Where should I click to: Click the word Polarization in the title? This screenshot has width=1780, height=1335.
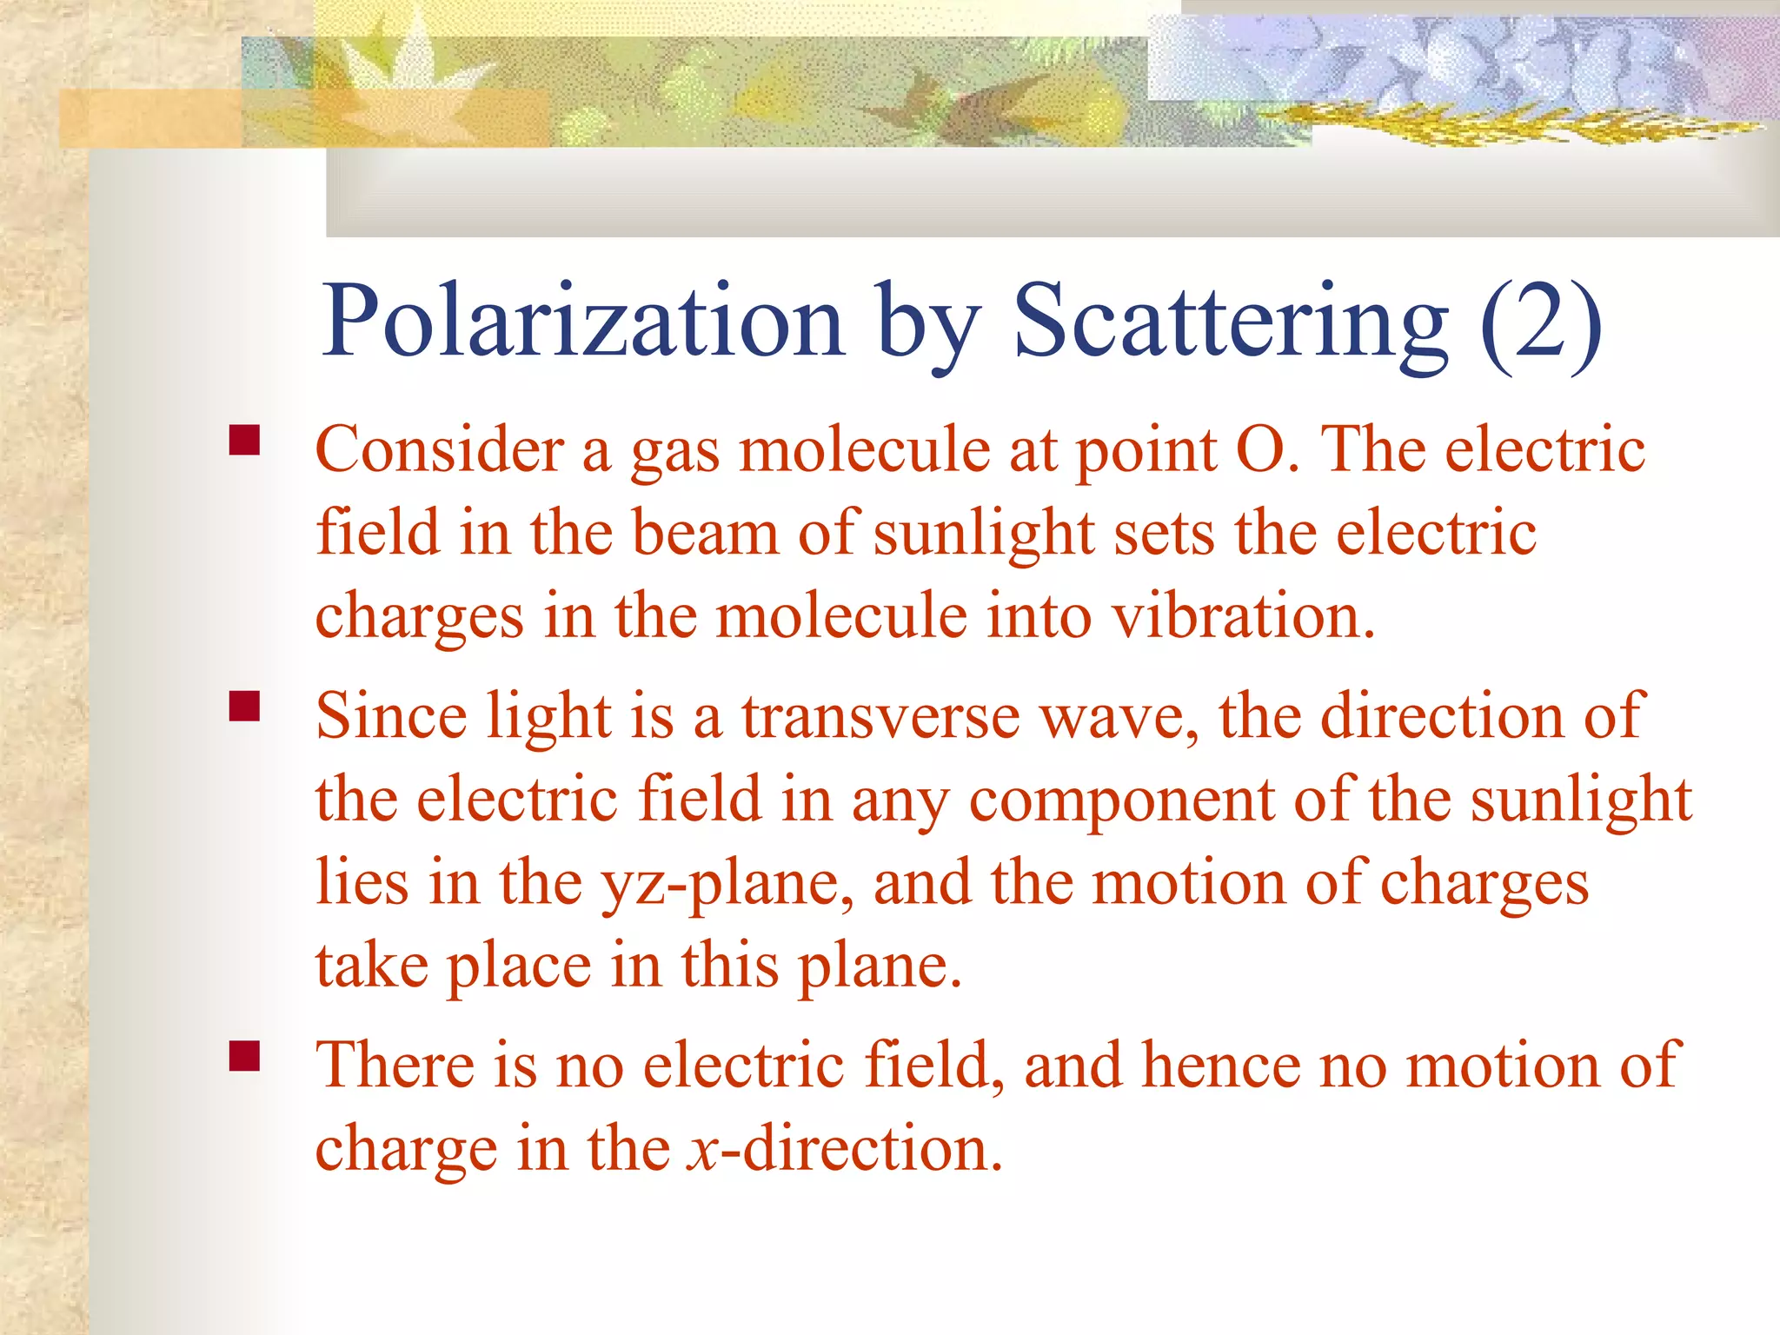pos(582,322)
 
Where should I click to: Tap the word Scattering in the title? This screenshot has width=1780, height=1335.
pos(1231,322)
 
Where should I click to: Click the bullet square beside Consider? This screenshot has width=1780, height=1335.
pos(245,441)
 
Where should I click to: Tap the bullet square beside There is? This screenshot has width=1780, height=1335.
pos(245,1055)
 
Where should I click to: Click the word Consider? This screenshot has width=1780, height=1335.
pos(439,451)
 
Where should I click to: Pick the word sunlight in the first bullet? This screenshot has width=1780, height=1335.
pos(983,534)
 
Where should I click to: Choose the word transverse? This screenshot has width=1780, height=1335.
pos(880,717)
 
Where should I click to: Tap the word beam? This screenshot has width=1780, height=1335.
pos(705,534)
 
